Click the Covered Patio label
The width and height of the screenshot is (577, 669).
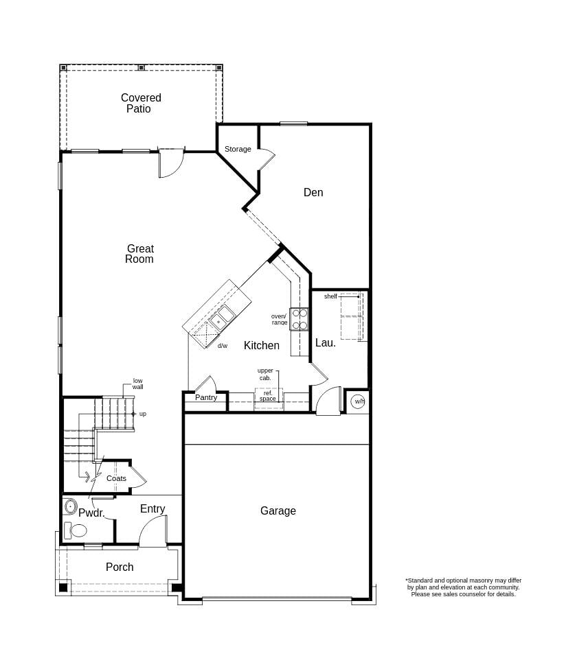click(141, 104)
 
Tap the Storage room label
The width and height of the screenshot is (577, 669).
click(238, 149)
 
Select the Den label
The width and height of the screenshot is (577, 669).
click(313, 193)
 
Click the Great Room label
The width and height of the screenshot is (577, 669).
click(139, 254)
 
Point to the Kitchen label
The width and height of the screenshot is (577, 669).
click(262, 346)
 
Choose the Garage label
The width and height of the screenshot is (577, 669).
click(278, 511)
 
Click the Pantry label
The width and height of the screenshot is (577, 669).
click(206, 398)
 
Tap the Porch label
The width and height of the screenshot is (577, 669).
click(120, 567)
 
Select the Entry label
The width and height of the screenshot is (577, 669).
click(152, 509)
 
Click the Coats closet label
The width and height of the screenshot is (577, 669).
click(116, 478)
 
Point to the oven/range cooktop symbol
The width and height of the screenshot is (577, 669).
click(299, 319)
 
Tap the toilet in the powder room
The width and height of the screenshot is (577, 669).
click(76, 530)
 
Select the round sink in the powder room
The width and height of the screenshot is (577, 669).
click(70, 507)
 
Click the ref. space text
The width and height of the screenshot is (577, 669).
click(268, 396)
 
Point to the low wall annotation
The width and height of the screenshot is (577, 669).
click(138, 384)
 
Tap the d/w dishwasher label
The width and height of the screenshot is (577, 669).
click(223, 346)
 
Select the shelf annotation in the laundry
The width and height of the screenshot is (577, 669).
click(330, 296)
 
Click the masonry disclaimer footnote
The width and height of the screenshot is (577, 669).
click(463, 587)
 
